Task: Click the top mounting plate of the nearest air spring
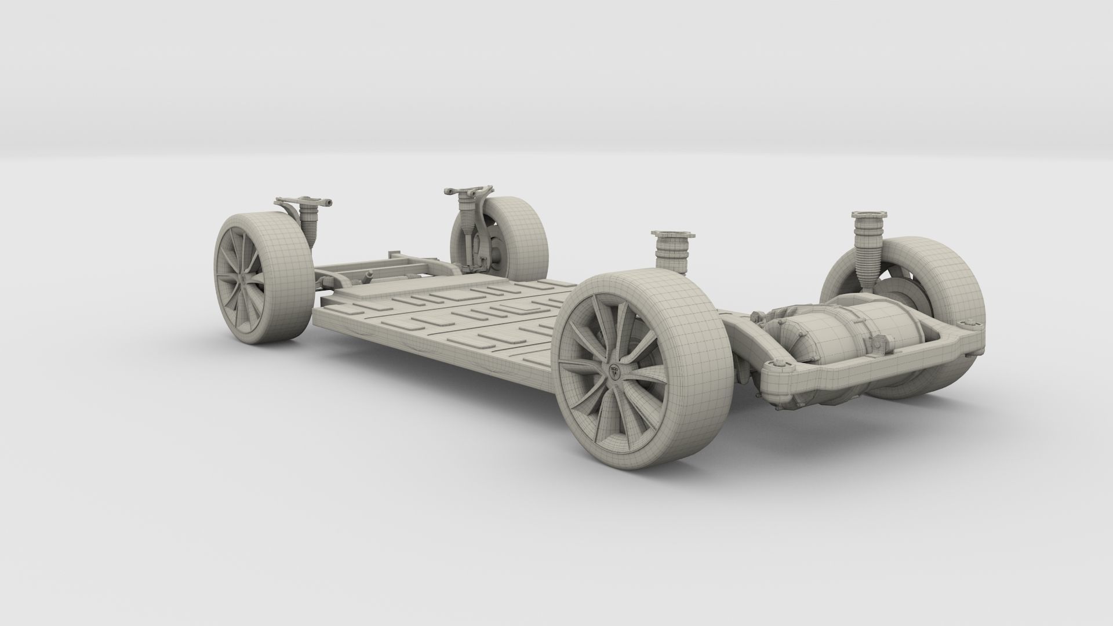point(672,234)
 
